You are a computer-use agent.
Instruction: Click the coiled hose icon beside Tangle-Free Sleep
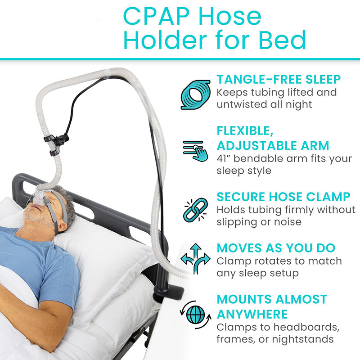point(195,93)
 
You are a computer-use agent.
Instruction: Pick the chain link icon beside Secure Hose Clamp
point(195,210)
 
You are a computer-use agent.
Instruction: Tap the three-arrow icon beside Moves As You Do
point(195,260)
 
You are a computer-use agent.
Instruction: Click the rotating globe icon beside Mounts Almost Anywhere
point(195,312)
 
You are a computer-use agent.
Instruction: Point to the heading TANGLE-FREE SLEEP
point(279,80)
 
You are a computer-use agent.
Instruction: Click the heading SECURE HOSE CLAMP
point(283,197)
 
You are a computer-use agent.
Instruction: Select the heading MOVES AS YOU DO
point(276,248)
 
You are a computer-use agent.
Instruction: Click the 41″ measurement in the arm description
point(224,159)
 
